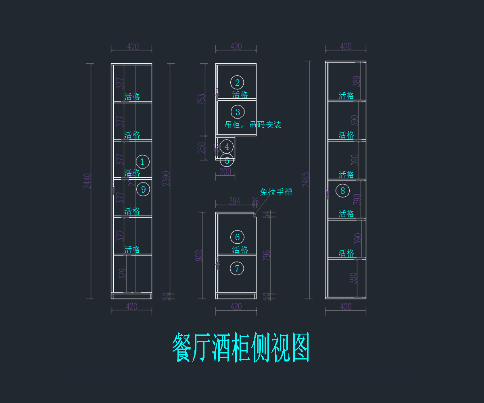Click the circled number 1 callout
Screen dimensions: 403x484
coord(142,162)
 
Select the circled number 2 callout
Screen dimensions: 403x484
coord(237,83)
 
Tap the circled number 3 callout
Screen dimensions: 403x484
coord(238,112)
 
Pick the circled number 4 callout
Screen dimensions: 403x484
coord(227,147)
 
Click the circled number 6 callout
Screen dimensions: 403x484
coord(237,237)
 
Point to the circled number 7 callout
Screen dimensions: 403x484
coord(237,268)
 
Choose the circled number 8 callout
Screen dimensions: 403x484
coord(343,191)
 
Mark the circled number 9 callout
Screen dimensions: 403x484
coord(143,189)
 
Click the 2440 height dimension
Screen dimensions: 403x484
coord(88,181)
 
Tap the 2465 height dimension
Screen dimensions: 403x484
coord(306,180)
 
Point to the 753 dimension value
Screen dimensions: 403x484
coord(202,100)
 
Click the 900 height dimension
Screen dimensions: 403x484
coord(199,255)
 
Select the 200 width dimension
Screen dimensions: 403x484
coord(225,172)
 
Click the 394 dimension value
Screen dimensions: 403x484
coord(234,201)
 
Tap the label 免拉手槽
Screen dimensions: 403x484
coord(276,192)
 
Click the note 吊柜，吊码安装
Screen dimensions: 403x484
coord(253,125)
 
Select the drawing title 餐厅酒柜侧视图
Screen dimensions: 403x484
coord(241,348)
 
